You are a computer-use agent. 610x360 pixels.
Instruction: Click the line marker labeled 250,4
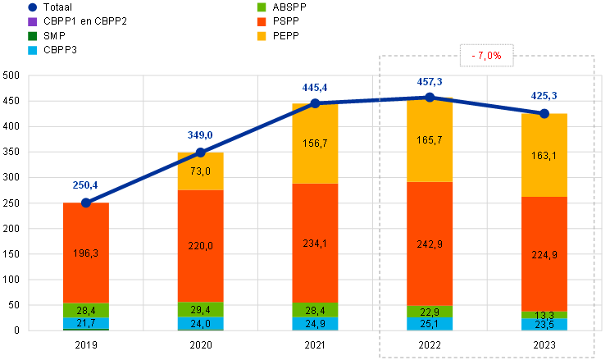(86, 202)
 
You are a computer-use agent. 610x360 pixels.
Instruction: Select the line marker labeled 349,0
(201, 152)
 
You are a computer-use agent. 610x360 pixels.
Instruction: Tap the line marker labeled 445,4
(315, 103)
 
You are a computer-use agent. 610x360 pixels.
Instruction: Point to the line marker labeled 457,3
(430, 97)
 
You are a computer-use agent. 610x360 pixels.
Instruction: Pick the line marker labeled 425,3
(544, 113)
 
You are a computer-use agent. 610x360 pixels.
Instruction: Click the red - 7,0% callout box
(487, 55)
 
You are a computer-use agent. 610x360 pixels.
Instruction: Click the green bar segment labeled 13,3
(544, 315)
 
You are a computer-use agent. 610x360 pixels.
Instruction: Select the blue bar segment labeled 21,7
(86, 324)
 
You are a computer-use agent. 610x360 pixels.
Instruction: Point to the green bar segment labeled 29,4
(201, 309)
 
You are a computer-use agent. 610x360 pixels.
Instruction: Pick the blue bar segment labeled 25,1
(430, 324)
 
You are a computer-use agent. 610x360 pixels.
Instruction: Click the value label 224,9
(544, 254)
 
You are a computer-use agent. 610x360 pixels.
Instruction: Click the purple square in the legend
(32, 21)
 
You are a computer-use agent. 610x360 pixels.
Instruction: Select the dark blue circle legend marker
(32, 7)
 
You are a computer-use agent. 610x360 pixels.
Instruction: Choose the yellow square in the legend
(262, 36)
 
